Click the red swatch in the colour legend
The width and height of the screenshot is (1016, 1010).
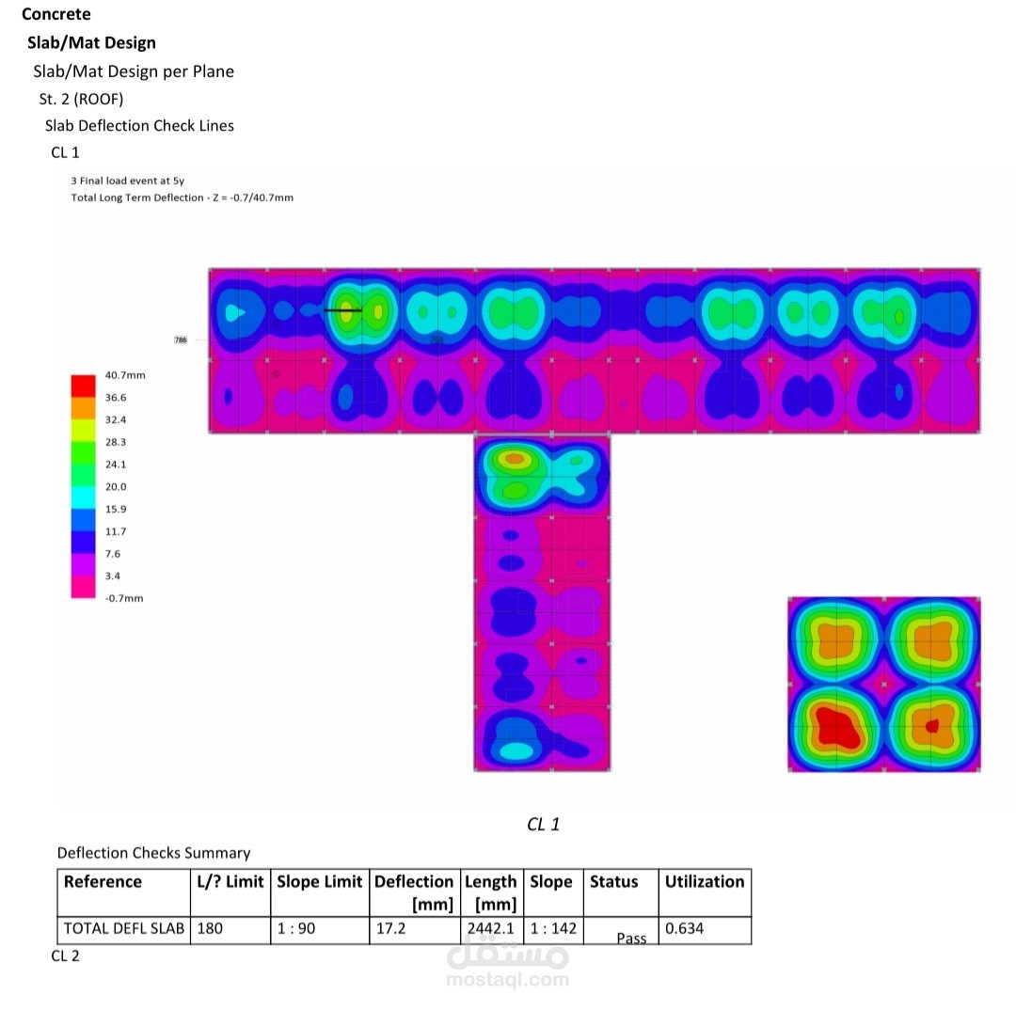coord(83,386)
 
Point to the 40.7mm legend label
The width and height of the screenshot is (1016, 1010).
coord(125,375)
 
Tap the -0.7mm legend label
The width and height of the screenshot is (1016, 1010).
coord(124,598)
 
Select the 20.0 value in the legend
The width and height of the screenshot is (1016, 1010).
coord(116,486)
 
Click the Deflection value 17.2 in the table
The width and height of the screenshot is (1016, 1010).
coord(390,928)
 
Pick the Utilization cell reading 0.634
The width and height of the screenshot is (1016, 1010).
coord(684,928)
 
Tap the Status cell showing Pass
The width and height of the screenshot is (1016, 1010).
coord(631,939)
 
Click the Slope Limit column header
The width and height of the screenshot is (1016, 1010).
coord(320,882)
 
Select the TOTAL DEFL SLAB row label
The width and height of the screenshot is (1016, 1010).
coord(124,928)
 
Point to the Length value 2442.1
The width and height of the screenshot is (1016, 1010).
coord(490,928)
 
